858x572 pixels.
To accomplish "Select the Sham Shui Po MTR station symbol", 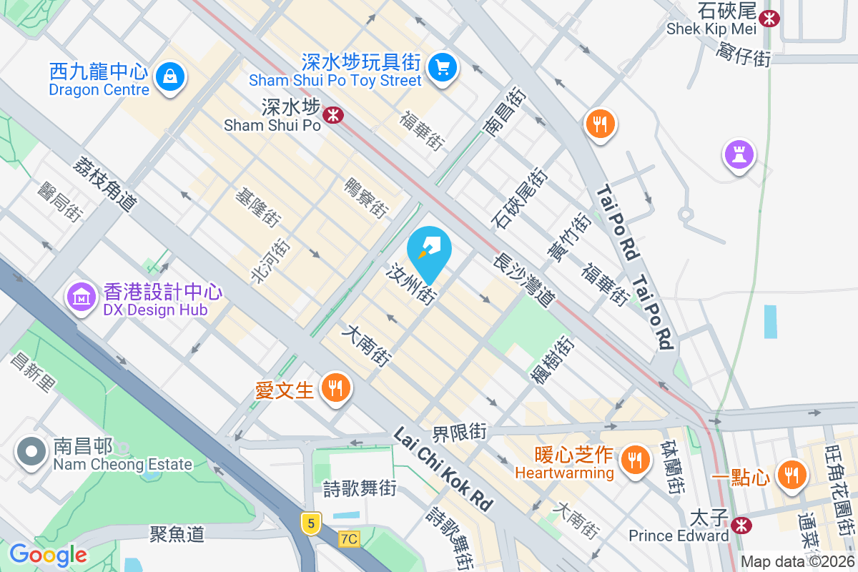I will pyautogui.click(x=332, y=114).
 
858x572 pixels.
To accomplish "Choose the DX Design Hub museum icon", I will pyautogui.click(x=82, y=295).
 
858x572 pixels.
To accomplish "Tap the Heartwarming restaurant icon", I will pyautogui.click(x=634, y=458).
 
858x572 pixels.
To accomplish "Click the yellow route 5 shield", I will pyautogui.click(x=310, y=523).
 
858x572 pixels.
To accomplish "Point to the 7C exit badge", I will pyautogui.click(x=349, y=538).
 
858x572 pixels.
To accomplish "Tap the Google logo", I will pyautogui.click(x=48, y=555).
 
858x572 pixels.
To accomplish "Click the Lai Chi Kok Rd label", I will pyautogui.click(x=443, y=469).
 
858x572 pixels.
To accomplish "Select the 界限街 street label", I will pyautogui.click(x=459, y=433).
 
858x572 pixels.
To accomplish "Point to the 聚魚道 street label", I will pyautogui.click(x=177, y=533).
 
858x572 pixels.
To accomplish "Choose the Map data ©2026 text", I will pyautogui.click(x=797, y=561).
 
